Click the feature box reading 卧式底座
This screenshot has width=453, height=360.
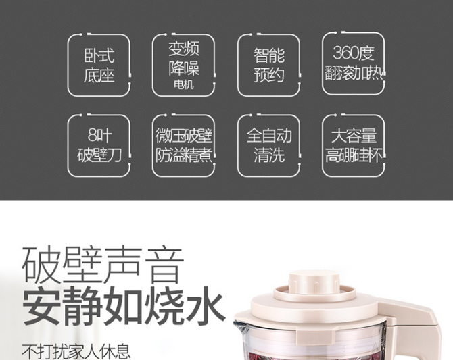[99, 65]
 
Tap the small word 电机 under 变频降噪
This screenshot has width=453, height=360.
[183, 84]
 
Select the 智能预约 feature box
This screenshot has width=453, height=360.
[268, 65]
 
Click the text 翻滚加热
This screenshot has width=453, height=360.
[354, 73]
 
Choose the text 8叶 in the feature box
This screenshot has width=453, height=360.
[99, 135]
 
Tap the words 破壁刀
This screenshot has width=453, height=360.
[99, 155]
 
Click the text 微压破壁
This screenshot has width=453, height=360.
[184, 135]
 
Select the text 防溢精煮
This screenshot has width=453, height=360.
[184, 155]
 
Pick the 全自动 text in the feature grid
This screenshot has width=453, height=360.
[269, 135]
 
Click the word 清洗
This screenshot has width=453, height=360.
[269, 155]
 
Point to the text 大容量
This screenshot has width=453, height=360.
[354, 135]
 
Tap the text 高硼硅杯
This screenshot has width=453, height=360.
[354, 155]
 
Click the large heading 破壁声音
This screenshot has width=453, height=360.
[103, 264]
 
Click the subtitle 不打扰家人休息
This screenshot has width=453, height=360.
[76, 351]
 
